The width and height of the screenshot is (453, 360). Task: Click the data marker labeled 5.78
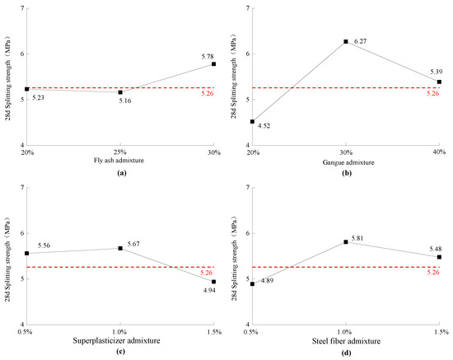214,64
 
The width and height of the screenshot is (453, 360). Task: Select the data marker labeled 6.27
346,42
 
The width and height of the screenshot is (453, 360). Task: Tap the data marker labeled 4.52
252,122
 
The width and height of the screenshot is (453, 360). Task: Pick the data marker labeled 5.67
120,248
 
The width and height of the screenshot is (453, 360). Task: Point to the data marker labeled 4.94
214,282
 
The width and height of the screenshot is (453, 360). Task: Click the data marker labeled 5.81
346,242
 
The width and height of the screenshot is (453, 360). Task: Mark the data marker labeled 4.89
252,284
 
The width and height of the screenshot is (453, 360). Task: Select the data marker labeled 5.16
120,92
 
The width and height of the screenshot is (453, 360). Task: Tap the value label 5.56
44,245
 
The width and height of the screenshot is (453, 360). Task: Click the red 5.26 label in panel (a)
207,93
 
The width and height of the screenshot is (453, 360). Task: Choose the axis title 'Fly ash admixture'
119,161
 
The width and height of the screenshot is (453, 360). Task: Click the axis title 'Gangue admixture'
348,162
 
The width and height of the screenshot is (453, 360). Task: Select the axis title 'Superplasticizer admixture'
116,341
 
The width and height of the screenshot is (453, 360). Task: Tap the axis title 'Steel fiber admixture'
346,341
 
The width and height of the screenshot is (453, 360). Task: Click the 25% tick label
120,152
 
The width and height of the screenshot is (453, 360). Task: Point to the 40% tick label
439,152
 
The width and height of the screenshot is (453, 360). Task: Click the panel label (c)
120,352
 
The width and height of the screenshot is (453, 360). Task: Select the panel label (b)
347,173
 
